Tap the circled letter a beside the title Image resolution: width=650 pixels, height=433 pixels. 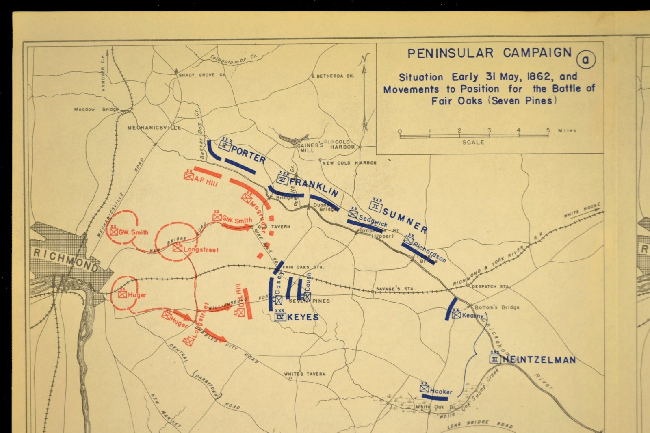coord(585,60)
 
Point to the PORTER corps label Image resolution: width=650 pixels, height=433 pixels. coord(248,154)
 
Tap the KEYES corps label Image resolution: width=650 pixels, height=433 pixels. coord(303,317)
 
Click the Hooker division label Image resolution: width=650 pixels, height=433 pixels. coord(441,392)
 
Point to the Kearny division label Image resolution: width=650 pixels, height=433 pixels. coord(473,316)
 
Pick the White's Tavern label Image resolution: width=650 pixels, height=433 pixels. coord(305,374)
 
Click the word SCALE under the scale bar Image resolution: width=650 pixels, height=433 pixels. coord(473,142)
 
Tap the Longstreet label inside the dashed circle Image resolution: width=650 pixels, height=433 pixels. coord(201,250)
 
